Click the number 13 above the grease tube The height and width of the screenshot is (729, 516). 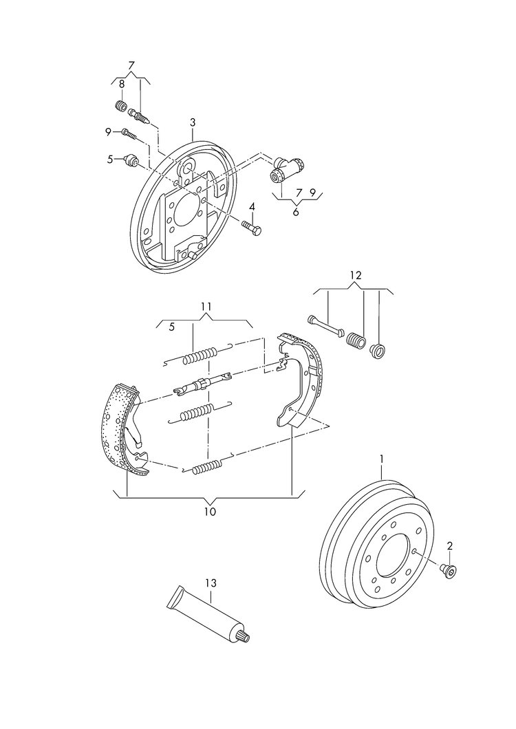[x=210, y=583]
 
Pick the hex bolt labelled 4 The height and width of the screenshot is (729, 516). [x=251, y=228]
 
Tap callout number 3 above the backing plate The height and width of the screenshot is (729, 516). [x=193, y=122]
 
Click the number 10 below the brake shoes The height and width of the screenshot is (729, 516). [x=210, y=511]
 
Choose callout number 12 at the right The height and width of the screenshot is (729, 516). [x=354, y=275]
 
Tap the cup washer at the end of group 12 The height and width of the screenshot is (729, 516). [x=377, y=351]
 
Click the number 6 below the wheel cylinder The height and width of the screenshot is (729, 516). [x=295, y=213]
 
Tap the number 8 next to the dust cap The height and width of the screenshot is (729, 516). [x=122, y=84]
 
